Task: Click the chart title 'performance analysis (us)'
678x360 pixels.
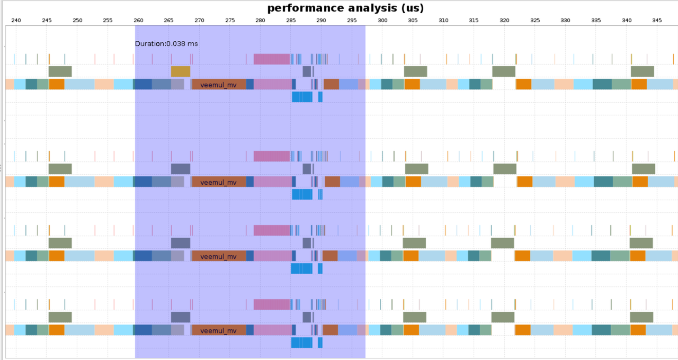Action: pyautogui.click(x=345, y=8)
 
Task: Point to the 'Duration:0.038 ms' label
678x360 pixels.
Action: pyautogui.click(x=166, y=43)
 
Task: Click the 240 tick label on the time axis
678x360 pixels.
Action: pyautogui.click(x=16, y=20)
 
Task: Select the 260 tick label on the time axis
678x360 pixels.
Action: pyautogui.click(x=138, y=20)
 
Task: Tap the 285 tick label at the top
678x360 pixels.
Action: pyautogui.click(x=291, y=20)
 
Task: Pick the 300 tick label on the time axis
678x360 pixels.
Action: pyautogui.click(x=382, y=20)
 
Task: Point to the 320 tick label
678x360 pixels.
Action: pyautogui.click(x=504, y=20)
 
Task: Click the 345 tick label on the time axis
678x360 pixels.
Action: pyautogui.click(x=657, y=20)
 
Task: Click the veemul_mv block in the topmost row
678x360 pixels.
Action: pyautogui.click(x=219, y=85)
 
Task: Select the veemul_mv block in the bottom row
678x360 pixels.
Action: pyautogui.click(x=219, y=330)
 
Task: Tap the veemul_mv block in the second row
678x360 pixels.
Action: pyautogui.click(x=219, y=182)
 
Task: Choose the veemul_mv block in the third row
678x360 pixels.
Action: pyautogui.click(x=219, y=256)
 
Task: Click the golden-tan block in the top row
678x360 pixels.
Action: pyautogui.click(x=180, y=71)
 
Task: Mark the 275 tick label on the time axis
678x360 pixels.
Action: pyautogui.click(x=230, y=20)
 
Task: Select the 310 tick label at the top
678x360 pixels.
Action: pyautogui.click(x=443, y=20)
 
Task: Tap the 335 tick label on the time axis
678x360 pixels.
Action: pyautogui.click(x=596, y=20)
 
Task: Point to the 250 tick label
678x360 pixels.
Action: pyautogui.click(x=77, y=20)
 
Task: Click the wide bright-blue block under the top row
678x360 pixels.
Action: pyautogui.click(x=302, y=97)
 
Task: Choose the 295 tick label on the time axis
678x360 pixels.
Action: pyautogui.click(x=352, y=20)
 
